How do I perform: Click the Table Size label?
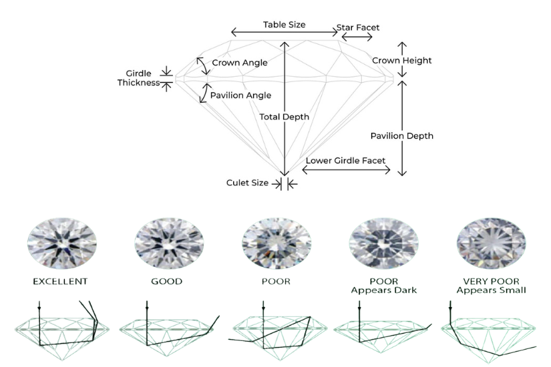tap(284, 25)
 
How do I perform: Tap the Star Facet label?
tap(357, 27)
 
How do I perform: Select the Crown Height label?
tap(401, 61)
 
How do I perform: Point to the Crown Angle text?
tap(240, 63)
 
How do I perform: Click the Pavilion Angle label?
tap(240, 95)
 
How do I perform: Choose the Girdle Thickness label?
tap(138, 78)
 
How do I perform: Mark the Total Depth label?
tap(285, 117)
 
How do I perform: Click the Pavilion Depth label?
tap(401, 136)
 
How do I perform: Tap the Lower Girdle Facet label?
tap(346, 161)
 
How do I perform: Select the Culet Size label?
tap(247, 183)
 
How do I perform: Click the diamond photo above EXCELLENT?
tap(61, 238)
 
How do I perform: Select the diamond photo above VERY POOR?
tap(490, 238)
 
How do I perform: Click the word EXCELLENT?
tap(61, 282)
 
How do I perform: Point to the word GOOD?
tap(166, 282)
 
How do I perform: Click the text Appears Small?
tap(491, 290)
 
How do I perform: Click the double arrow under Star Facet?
tap(357, 37)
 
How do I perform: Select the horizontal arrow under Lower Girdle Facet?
tap(346, 170)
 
